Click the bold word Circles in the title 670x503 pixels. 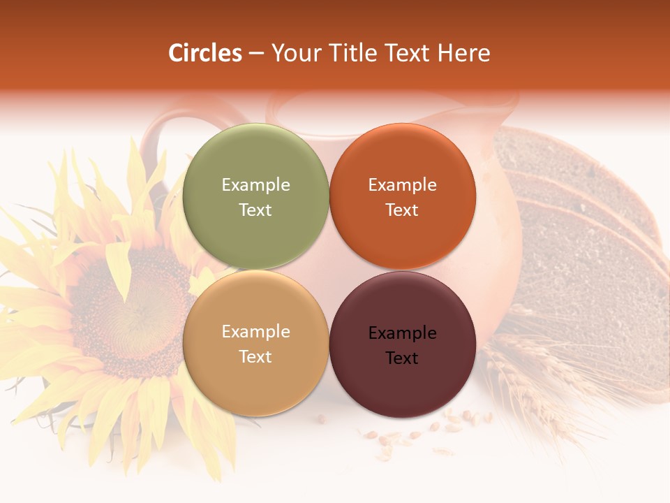[205, 53]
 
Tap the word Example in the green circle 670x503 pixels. [255, 185]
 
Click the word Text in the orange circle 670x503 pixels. [402, 210]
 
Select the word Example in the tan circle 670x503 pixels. [255, 332]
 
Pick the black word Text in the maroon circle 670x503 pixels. [402, 358]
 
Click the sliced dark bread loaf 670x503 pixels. [586, 231]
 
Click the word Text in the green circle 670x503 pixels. [255, 210]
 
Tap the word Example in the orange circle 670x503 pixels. [402, 185]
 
